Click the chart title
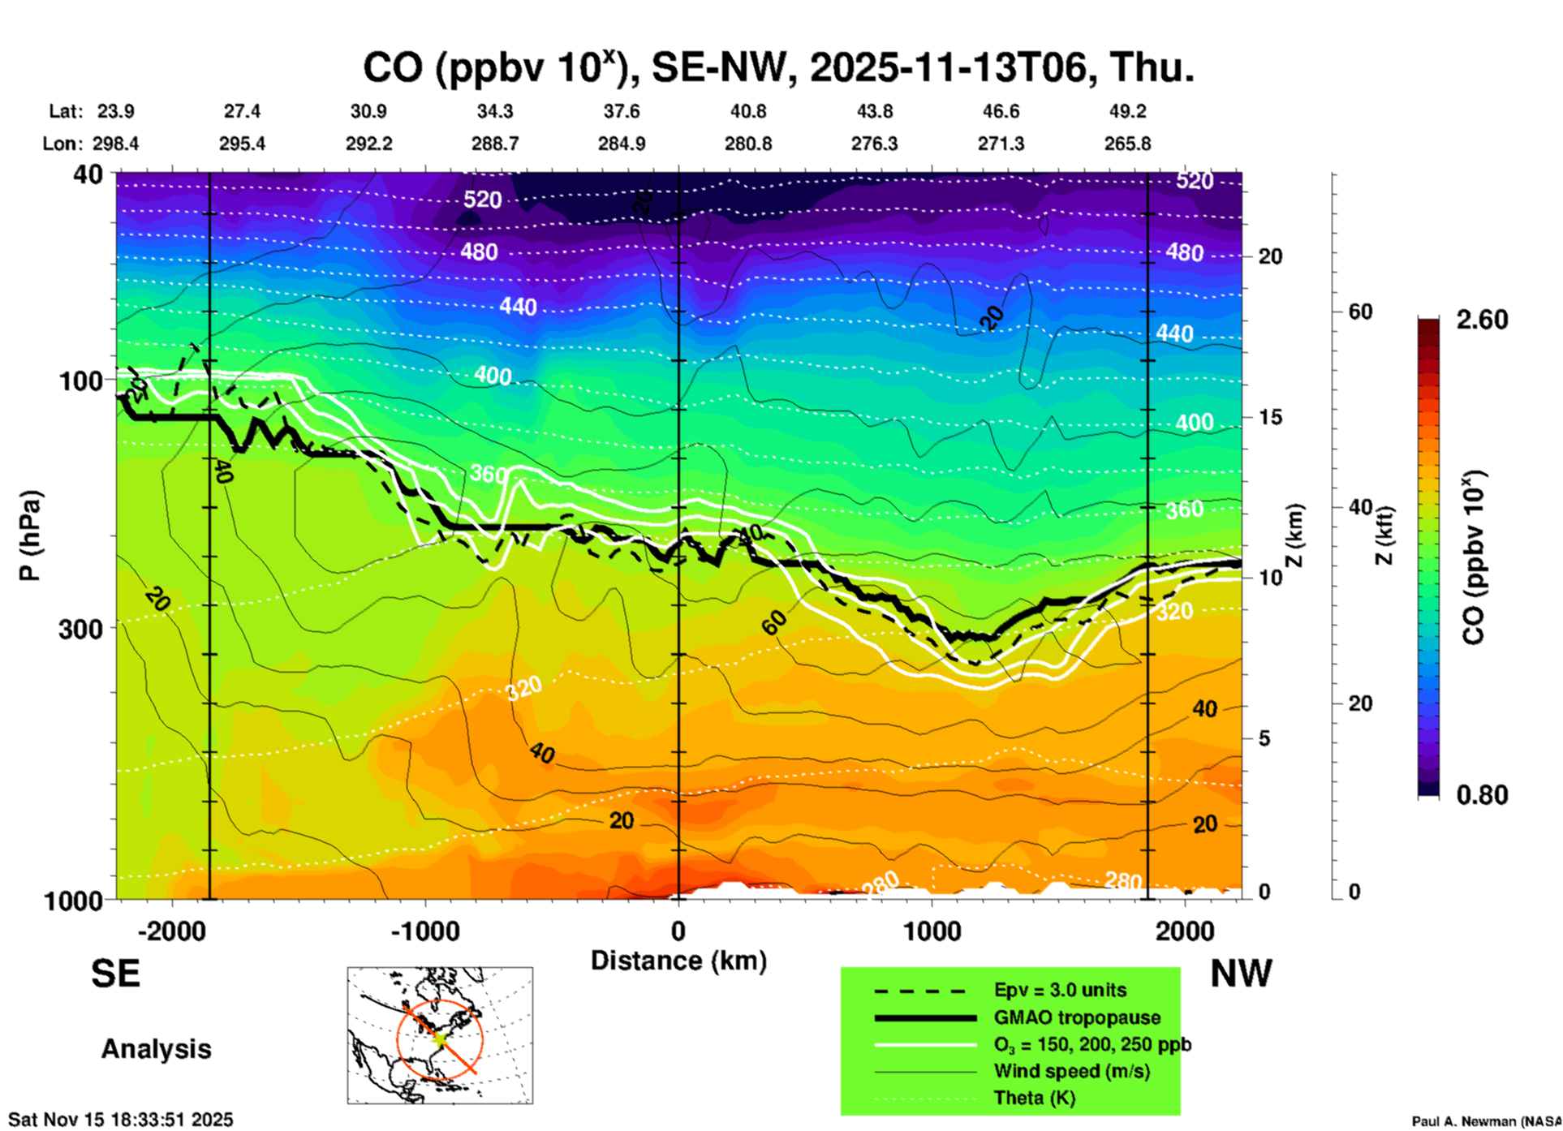[777, 68]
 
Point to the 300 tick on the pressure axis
[80, 629]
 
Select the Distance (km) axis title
[678, 961]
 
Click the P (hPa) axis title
[30, 535]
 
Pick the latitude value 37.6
[622, 111]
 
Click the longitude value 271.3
[1001, 144]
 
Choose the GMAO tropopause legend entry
[1077, 1017]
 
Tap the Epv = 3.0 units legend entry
[1060, 990]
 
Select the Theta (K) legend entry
[1034, 1098]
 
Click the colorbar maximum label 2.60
[1482, 320]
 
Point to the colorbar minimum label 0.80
[1482, 794]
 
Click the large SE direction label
[115, 974]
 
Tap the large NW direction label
[1241, 974]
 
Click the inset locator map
[440, 1034]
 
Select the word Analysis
[156, 1049]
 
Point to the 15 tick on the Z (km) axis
[1269, 417]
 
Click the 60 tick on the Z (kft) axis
[1360, 312]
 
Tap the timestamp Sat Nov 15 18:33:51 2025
[120, 1120]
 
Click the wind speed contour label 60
[774, 622]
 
